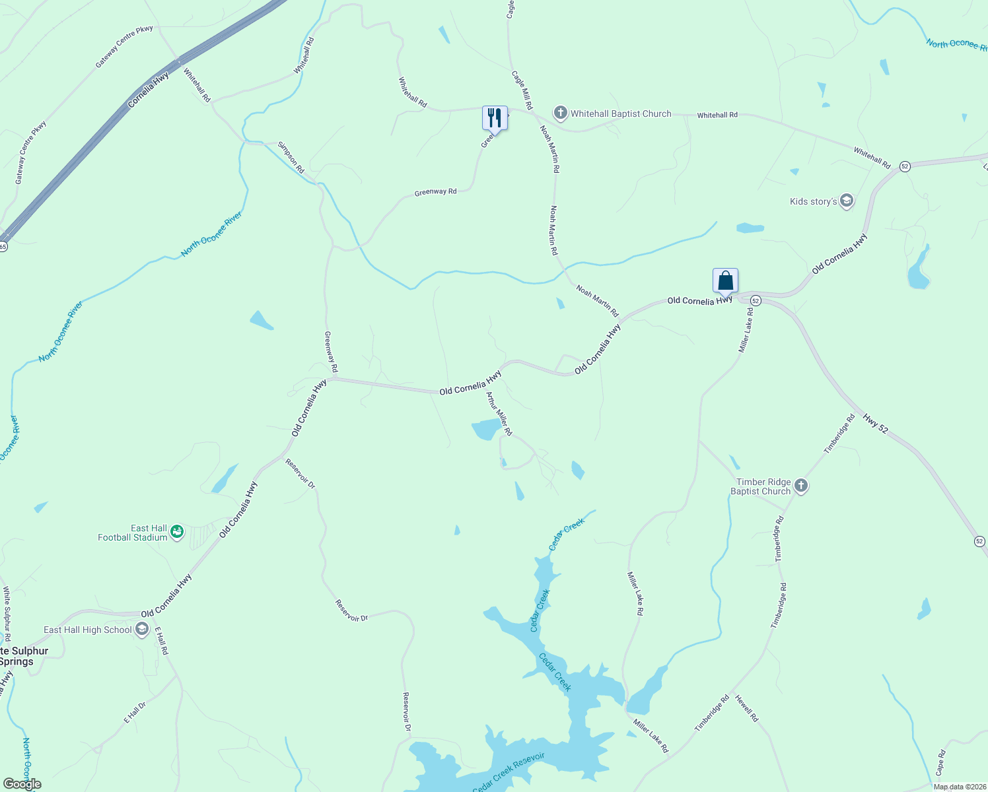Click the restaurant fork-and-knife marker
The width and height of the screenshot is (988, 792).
pyautogui.click(x=495, y=118)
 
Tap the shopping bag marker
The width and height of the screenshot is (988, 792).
pyautogui.click(x=725, y=280)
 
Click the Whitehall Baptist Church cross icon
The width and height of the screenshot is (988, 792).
pyautogui.click(x=560, y=114)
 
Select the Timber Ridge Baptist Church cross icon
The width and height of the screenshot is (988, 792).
pyautogui.click(x=801, y=486)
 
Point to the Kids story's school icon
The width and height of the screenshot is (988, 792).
pyautogui.click(x=847, y=201)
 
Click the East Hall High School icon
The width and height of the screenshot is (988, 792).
pyautogui.click(x=141, y=630)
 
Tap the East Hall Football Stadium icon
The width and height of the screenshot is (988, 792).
pyautogui.click(x=176, y=532)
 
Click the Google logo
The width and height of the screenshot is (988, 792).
pyautogui.click(x=22, y=784)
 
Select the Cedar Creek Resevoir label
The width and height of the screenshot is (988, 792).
pyautogui.click(x=509, y=773)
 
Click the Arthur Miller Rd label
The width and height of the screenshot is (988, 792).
pyautogui.click(x=499, y=414)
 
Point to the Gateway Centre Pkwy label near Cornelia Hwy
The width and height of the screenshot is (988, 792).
pyautogui.click(x=124, y=47)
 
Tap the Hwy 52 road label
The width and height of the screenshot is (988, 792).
pyautogui.click(x=876, y=422)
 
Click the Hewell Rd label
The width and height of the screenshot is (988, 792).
pyautogui.click(x=747, y=708)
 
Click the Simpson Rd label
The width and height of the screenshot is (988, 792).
pyautogui.click(x=291, y=157)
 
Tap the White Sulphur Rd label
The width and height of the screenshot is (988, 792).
pyautogui.click(x=7, y=614)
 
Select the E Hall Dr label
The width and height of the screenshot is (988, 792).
pyautogui.click(x=135, y=713)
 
